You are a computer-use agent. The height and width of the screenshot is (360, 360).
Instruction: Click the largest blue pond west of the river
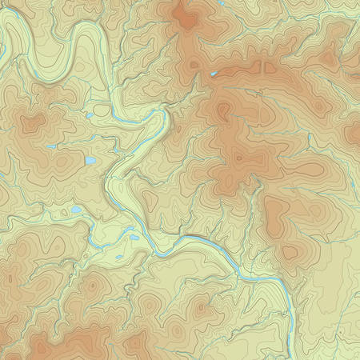click(90, 161)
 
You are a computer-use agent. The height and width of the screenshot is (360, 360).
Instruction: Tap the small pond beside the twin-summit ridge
click(213, 74)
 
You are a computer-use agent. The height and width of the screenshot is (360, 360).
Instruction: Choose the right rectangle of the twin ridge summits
click(270, 68)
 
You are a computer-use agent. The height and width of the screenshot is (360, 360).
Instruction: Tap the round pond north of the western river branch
click(75, 210)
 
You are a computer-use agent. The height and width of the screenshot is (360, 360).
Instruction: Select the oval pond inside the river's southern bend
click(133, 238)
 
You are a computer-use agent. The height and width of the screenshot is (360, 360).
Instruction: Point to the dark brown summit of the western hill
click(32, 123)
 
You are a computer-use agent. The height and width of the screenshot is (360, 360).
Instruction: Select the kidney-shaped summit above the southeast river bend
click(275, 212)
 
